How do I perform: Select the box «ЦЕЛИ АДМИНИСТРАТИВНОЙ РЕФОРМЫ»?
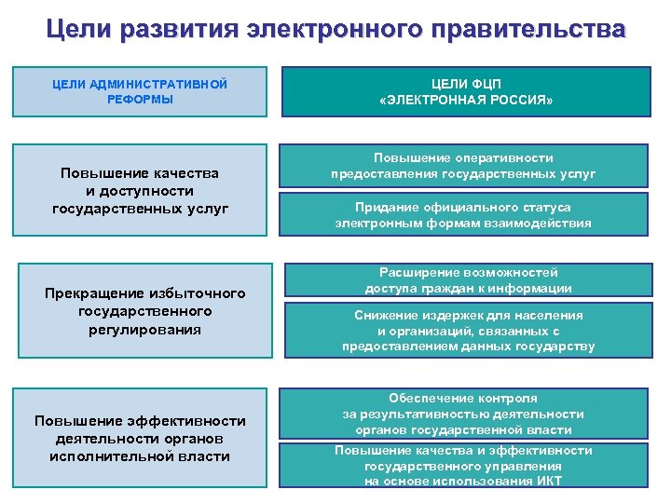(x=141, y=91)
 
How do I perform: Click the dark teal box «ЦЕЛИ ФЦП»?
(x=466, y=90)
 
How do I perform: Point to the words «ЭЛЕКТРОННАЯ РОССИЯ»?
(x=466, y=100)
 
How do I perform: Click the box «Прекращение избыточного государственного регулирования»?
(x=145, y=311)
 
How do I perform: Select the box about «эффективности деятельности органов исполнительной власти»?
(x=141, y=438)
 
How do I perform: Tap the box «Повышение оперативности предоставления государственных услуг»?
(x=463, y=166)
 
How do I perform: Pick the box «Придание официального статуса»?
(x=463, y=215)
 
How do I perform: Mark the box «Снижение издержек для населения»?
(x=468, y=331)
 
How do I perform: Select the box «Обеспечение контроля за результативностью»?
(x=463, y=413)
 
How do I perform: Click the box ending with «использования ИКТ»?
(x=463, y=465)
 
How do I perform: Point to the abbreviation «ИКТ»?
(x=548, y=481)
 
